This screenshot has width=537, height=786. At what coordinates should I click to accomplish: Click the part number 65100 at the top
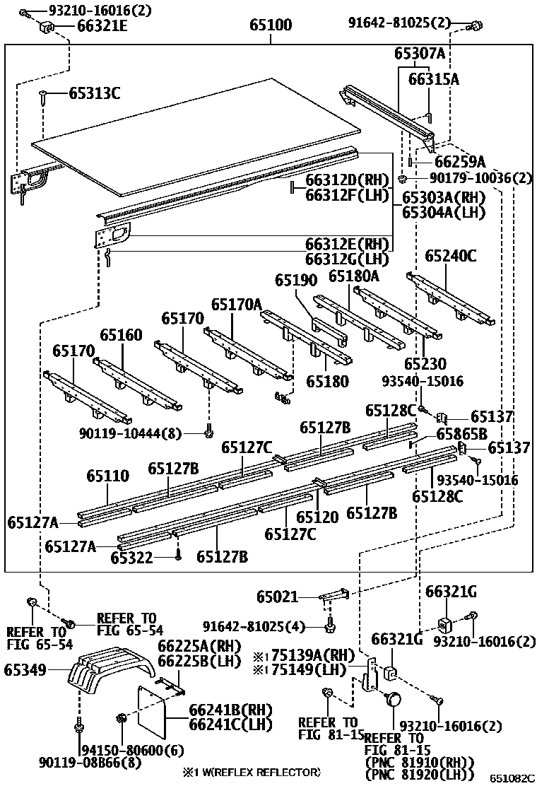click(x=270, y=26)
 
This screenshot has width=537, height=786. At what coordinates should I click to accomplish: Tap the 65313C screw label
click(x=94, y=93)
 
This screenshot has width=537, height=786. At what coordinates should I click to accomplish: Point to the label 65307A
click(x=420, y=54)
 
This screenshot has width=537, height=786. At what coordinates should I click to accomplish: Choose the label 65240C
click(x=451, y=256)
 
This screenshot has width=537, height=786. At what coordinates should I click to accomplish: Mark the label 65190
click(x=297, y=280)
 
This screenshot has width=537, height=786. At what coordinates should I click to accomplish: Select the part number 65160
click(x=121, y=335)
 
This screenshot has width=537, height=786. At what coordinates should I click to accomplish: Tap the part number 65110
click(x=108, y=476)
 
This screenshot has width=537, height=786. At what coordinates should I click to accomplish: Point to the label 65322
click(x=131, y=558)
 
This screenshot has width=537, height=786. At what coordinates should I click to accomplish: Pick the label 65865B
click(x=461, y=433)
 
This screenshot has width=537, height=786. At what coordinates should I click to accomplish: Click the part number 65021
click(x=277, y=598)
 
